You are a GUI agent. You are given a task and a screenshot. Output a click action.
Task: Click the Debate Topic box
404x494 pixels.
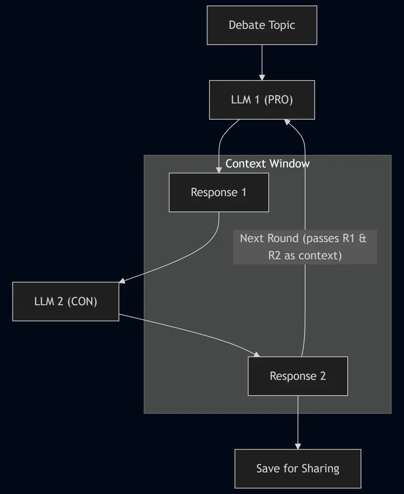(x=262, y=25)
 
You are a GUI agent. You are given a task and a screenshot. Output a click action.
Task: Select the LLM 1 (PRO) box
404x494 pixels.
(x=262, y=100)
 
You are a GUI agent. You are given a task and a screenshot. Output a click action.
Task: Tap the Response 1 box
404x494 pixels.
(x=219, y=192)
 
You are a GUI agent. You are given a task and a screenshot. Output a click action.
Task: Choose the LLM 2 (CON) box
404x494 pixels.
(x=66, y=302)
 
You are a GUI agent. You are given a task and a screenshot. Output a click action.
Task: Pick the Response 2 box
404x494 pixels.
(x=297, y=376)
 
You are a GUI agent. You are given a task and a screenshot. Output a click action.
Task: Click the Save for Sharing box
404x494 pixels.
(x=297, y=468)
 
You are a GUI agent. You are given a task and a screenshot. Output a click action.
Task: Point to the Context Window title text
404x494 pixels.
(x=268, y=163)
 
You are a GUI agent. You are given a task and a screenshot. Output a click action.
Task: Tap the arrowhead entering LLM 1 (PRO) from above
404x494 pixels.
(x=262, y=77)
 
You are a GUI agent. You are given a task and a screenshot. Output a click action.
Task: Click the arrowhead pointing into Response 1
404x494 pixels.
(x=219, y=170)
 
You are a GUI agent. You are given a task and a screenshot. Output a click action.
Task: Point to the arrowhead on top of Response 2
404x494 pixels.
(x=257, y=354)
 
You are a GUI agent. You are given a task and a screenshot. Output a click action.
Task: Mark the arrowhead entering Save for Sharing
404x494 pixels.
(x=297, y=446)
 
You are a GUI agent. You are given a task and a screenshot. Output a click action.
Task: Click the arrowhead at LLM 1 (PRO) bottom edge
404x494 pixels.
(x=286, y=123)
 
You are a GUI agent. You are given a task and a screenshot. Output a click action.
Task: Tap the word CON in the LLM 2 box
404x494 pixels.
(x=82, y=302)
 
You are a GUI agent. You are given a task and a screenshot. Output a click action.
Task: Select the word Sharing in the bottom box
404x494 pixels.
(x=320, y=468)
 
